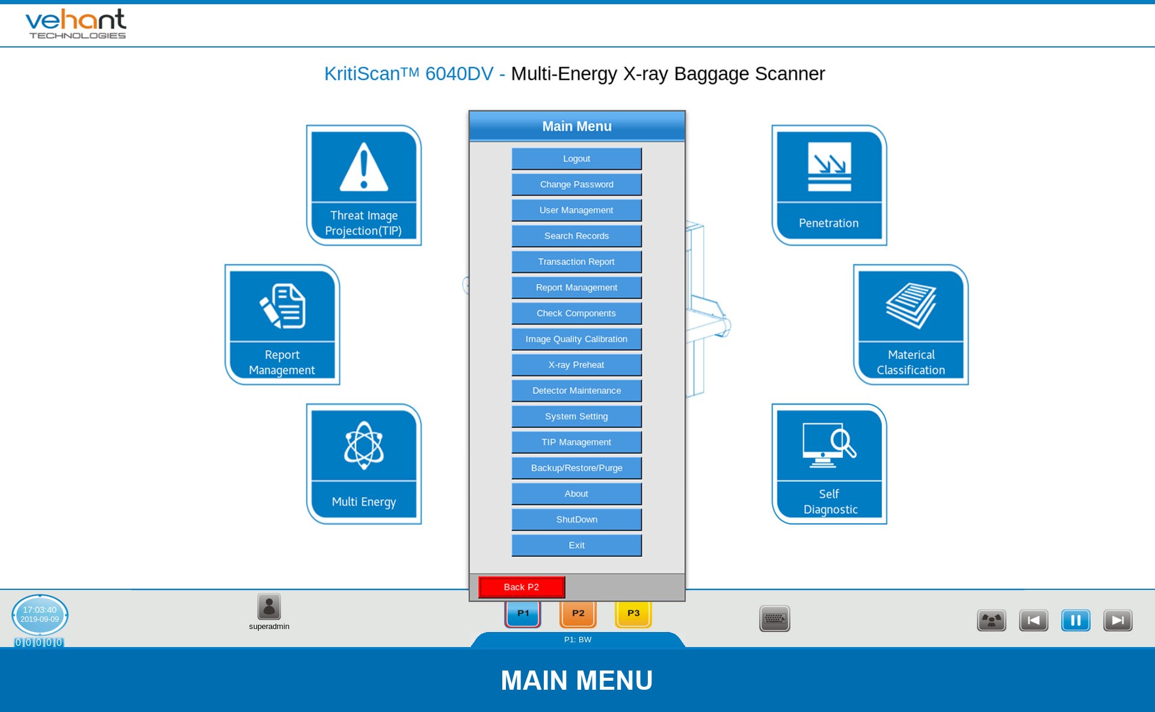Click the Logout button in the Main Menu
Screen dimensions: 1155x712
click(576, 159)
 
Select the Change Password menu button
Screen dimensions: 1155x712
click(576, 185)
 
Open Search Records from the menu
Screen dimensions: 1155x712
click(576, 236)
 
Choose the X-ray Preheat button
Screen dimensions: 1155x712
click(576, 365)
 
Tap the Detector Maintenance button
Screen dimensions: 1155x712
click(576, 391)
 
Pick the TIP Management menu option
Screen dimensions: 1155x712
click(576, 442)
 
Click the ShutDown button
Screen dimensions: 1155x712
click(576, 520)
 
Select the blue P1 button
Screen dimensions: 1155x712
click(523, 614)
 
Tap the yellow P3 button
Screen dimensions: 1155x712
click(633, 614)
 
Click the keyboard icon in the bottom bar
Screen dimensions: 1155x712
click(775, 619)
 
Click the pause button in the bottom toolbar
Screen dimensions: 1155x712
click(1076, 620)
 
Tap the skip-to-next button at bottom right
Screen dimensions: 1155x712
click(1118, 620)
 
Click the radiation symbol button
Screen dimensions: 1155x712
click(991, 620)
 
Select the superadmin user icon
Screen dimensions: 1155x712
click(269, 607)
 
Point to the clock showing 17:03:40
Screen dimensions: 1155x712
click(40, 615)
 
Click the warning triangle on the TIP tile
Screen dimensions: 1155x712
click(364, 167)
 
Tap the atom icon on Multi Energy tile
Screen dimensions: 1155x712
click(364, 445)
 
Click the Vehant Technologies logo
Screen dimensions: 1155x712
click(76, 24)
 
